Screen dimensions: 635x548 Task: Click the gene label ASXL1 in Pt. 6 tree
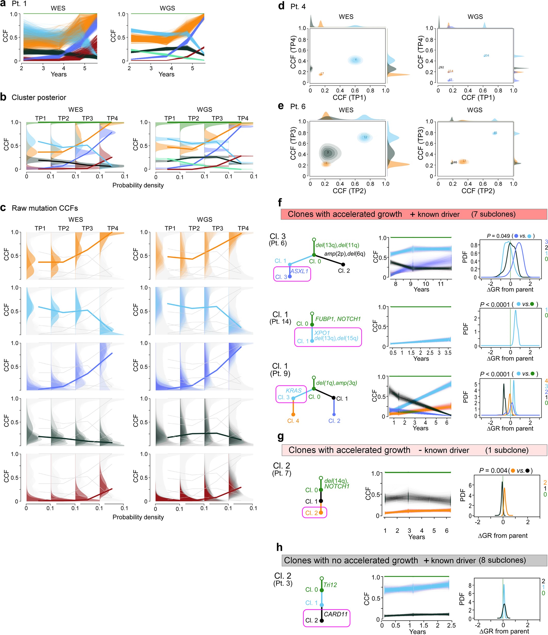(299, 271)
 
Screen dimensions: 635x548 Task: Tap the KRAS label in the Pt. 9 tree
(293, 390)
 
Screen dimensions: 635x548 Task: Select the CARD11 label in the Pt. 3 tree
(336, 614)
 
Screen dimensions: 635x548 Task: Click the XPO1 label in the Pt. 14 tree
(322, 333)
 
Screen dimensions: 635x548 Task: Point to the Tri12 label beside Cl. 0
(330, 585)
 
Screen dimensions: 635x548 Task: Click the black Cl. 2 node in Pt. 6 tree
(343, 264)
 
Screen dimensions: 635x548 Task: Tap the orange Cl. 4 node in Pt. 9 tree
(293, 414)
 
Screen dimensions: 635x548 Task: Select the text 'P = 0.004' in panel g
(493, 470)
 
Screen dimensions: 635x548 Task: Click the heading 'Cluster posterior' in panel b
(39, 98)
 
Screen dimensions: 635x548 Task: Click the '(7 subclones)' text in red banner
(493, 214)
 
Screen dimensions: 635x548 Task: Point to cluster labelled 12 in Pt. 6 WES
(365, 137)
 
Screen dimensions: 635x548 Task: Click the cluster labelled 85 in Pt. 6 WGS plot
(495, 133)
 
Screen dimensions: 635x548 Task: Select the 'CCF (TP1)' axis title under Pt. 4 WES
(349, 98)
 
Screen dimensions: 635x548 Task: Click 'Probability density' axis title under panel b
(138, 185)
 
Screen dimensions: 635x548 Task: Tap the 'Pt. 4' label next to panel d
(298, 6)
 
